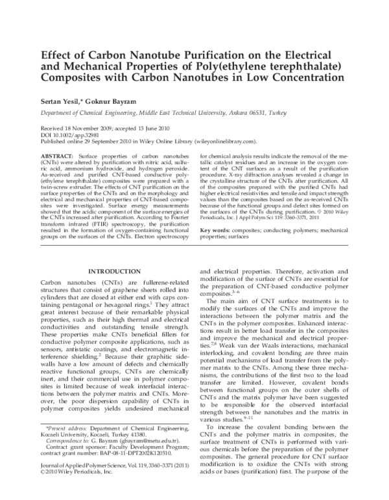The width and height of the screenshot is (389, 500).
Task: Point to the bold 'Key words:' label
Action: coord(214,213)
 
